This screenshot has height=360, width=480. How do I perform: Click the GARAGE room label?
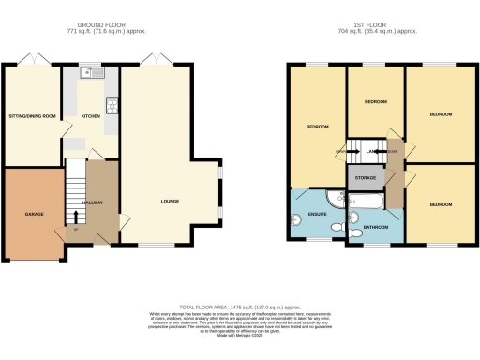[x=35, y=214]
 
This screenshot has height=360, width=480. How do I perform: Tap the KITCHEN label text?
[x=91, y=116]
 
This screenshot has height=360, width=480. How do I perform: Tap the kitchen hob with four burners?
[x=112, y=104]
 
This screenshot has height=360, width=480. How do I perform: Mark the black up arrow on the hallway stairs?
[x=76, y=217]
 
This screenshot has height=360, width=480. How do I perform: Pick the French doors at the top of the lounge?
[x=156, y=61]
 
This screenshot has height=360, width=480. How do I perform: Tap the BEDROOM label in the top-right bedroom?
[x=441, y=114]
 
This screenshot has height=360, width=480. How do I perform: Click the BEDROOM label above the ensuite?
[x=316, y=127]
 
